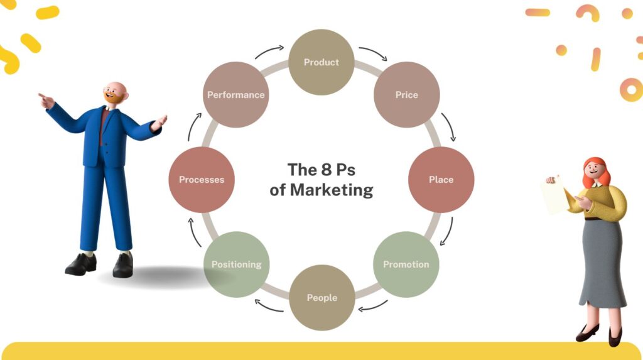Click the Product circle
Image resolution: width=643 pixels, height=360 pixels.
(x=321, y=62)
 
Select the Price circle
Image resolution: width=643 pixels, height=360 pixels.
(x=406, y=95)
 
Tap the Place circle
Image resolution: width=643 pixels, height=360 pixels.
(x=441, y=180)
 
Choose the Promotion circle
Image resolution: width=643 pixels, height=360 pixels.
(x=406, y=264)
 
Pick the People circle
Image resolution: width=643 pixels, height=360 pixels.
(x=321, y=298)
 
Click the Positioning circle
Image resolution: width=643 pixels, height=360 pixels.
(x=236, y=264)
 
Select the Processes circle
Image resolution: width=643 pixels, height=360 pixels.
(x=202, y=180)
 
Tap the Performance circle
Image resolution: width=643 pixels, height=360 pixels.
(x=236, y=95)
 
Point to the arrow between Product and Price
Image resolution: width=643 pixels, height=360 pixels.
(x=372, y=53)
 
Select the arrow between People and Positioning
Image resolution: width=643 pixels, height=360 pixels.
(x=268, y=305)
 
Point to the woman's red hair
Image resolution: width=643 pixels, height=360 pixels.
(x=595, y=170)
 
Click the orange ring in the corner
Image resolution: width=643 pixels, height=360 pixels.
(x=630, y=89)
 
